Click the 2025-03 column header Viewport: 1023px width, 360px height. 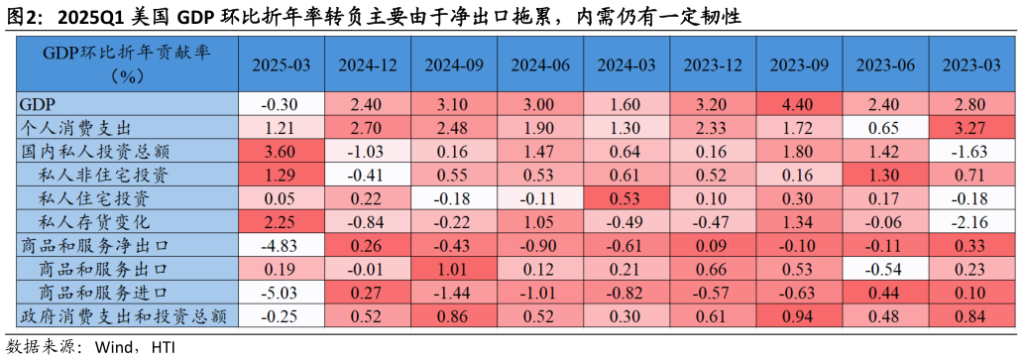point(281,64)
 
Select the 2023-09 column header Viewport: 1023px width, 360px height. point(799,64)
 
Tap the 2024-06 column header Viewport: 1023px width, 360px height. point(540,64)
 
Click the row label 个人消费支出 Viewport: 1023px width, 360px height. point(77,128)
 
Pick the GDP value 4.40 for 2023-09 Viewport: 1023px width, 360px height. point(799,104)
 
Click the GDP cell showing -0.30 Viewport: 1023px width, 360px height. point(281,104)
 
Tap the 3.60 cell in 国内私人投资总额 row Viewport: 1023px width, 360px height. point(281,152)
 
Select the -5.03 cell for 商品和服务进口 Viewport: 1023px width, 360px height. point(281,293)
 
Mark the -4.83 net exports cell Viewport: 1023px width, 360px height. point(281,245)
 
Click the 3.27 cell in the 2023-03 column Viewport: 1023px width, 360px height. point(971,128)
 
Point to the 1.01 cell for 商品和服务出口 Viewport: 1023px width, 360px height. point(454,269)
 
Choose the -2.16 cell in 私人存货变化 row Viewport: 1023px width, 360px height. point(971,221)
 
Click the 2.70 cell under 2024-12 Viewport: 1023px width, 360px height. point(368,128)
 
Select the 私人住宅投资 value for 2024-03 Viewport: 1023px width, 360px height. point(626,198)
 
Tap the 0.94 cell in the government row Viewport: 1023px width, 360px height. point(799,316)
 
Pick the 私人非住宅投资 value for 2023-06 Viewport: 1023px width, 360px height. point(885,175)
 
